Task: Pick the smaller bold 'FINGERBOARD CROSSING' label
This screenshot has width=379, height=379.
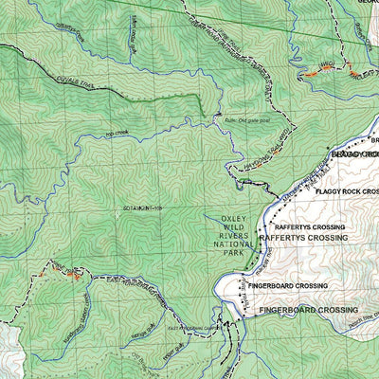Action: [x=288, y=285]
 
